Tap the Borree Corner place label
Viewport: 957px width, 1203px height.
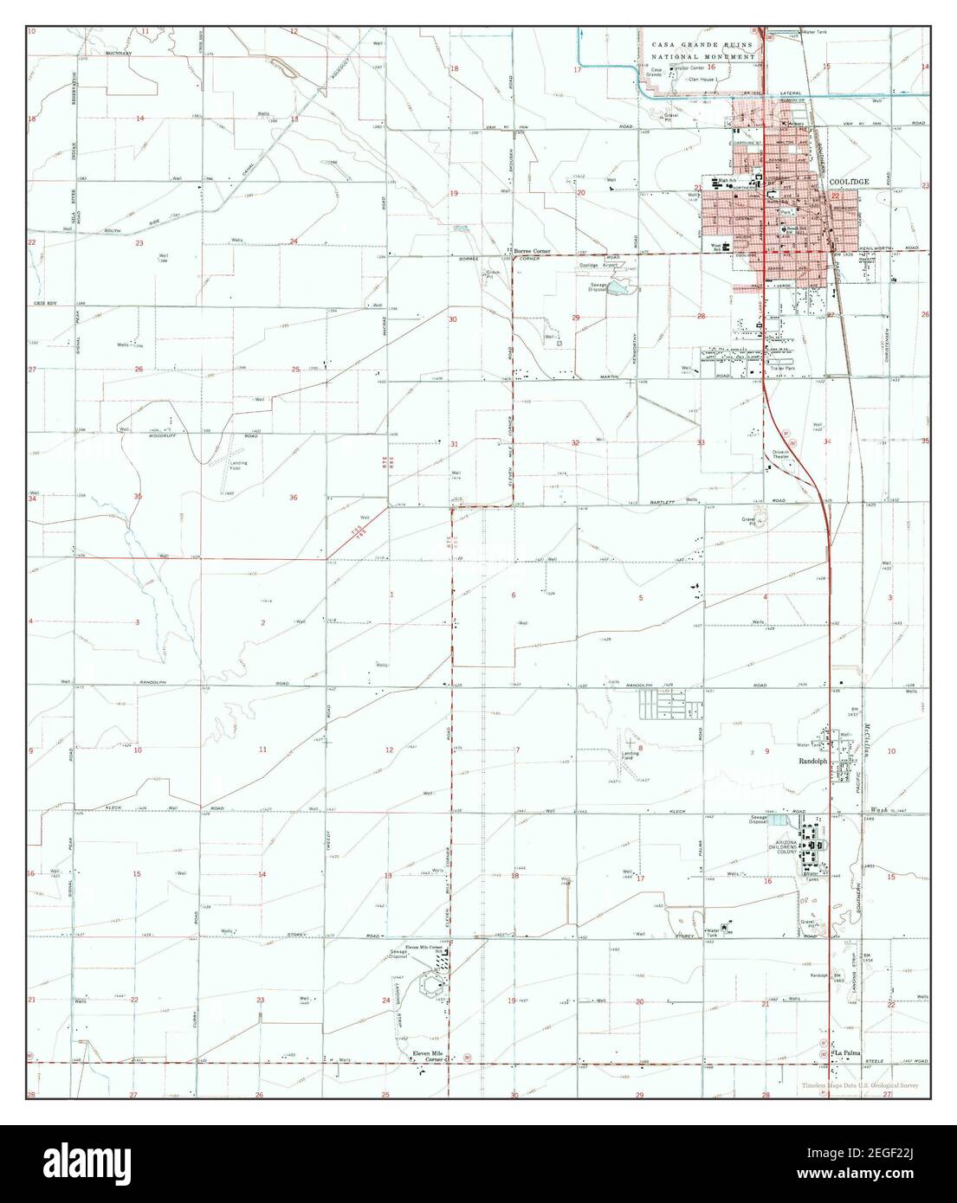533,251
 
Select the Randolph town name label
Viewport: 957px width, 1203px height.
812,762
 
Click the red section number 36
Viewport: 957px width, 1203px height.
294,497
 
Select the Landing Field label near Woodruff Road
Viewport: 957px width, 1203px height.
238,466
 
